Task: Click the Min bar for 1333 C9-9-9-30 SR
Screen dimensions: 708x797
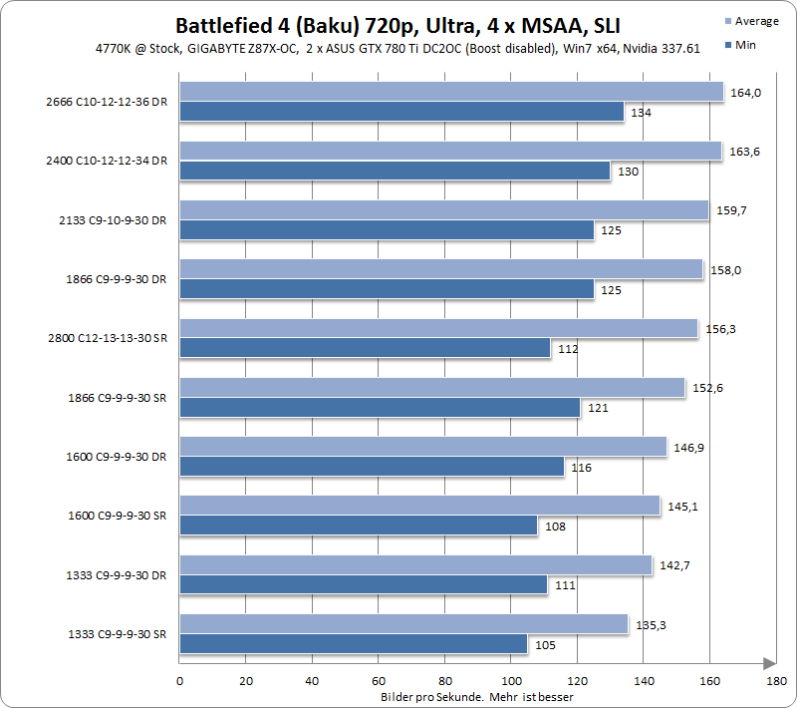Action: pyautogui.click(x=353, y=644)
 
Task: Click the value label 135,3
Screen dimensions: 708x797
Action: pyautogui.click(x=649, y=626)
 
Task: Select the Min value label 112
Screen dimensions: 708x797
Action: pyautogui.click(x=568, y=349)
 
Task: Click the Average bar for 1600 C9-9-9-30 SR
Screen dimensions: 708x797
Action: pyautogui.click(x=419, y=506)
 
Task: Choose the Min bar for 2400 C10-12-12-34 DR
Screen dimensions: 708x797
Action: pyautogui.click(x=395, y=171)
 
